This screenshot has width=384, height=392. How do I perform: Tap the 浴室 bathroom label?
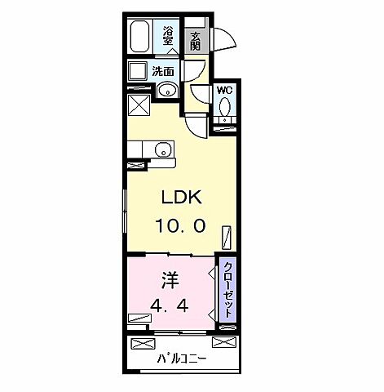click(x=168, y=38)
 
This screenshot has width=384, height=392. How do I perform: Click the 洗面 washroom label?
click(x=163, y=71)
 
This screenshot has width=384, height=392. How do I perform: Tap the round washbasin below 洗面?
click(x=166, y=90)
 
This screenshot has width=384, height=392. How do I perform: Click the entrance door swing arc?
click(x=225, y=41)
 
